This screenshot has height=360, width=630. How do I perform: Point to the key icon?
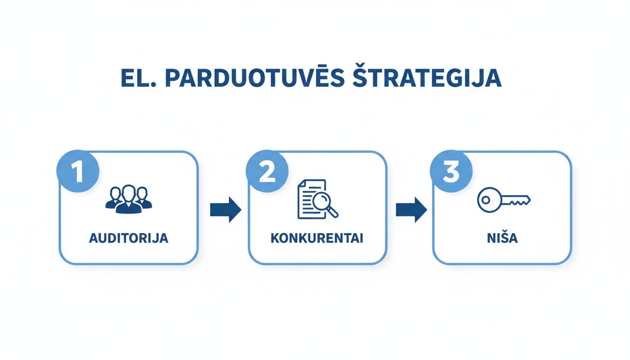503,200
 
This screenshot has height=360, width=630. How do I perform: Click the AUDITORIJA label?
128,238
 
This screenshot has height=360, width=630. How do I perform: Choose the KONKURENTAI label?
317,238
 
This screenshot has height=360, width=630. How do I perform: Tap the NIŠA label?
502,238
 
